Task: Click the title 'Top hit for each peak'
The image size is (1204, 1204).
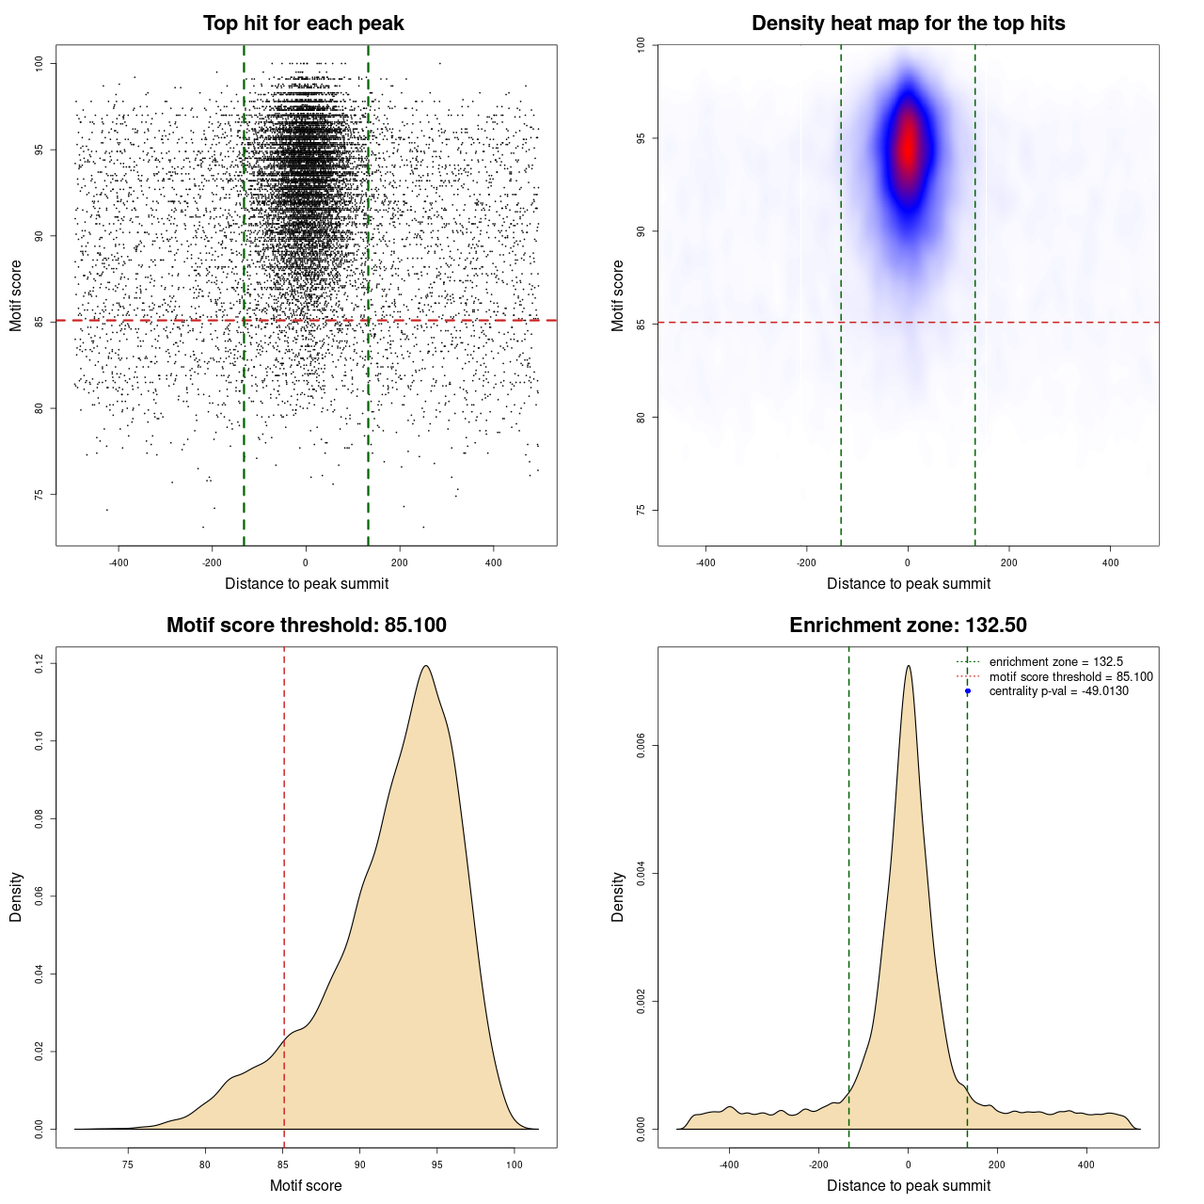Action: [303, 24]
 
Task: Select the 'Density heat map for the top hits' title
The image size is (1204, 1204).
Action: [908, 24]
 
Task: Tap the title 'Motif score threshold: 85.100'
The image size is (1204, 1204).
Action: [306, 626]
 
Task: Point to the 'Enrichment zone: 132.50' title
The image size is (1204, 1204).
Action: [908, 626]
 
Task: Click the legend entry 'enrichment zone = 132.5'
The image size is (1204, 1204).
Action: [1055, 662]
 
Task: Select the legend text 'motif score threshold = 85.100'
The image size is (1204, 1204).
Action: [1070, 677]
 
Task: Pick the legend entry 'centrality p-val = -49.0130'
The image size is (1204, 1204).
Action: [1058, 691]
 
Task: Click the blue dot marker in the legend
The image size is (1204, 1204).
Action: [968, 691]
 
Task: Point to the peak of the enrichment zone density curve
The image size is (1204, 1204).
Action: [908, 666]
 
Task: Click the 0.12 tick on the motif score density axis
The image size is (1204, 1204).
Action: [39, 664]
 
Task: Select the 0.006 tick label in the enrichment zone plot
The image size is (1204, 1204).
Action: [641, 746]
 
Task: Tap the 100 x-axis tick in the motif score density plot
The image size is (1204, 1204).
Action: [514, 1164]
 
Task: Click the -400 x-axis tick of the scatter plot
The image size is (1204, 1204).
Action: [119, 562]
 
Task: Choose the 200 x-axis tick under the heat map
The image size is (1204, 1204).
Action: [1008, 562]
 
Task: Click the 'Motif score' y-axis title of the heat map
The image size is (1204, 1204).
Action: [618, 295]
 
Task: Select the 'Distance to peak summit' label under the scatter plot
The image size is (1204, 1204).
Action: [307, 584]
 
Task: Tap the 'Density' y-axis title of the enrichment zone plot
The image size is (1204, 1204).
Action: [618, 896]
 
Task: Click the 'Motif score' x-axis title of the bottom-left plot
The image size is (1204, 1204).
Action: [306, 1185]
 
